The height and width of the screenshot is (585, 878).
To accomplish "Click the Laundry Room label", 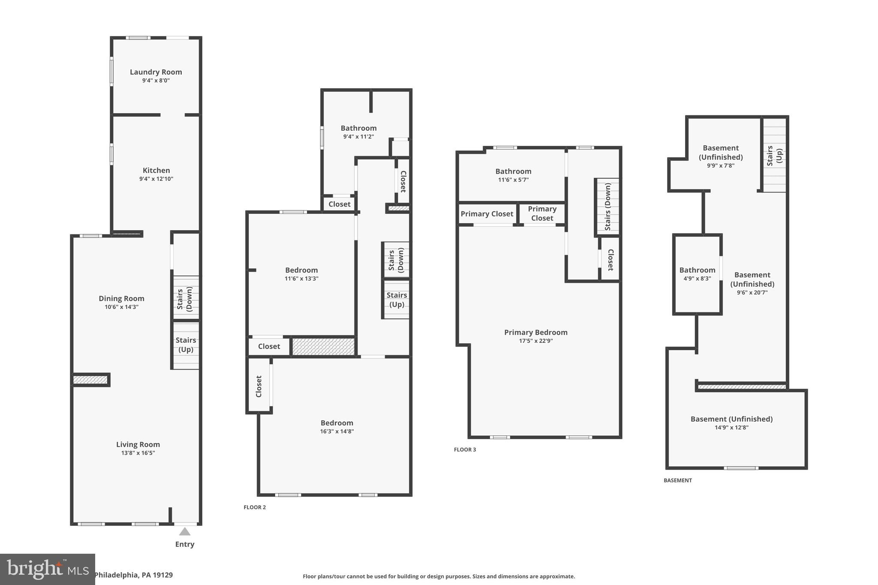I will click(156, 72).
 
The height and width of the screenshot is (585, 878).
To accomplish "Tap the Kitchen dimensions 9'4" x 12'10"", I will click(156, 179).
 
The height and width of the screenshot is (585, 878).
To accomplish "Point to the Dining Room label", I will click(121, 298).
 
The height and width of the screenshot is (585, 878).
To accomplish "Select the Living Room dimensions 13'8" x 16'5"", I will click(138, 453).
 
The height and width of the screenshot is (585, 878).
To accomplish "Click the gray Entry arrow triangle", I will click(184, 532).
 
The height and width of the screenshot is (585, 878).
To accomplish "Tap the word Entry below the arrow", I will click(184, 544).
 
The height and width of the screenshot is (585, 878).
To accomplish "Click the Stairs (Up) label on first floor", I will click(186, 345).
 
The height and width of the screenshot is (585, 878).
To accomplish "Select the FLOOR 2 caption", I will click(255, 507).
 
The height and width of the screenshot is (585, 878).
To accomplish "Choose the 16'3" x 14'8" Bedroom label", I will click(337, 423).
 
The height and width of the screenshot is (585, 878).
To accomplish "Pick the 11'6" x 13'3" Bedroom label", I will click(301, 270).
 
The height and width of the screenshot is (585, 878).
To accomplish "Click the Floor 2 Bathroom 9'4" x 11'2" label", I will click(358, 128).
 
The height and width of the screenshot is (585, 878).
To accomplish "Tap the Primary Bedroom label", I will click(535, 332).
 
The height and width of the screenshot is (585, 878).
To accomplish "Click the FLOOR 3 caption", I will click(465, 450).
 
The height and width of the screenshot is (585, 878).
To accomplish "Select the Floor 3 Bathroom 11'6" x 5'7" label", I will click(513, 171).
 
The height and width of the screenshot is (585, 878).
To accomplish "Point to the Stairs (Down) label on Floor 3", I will click(607, 207).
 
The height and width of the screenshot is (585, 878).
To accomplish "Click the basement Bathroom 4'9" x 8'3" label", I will click(697, 270).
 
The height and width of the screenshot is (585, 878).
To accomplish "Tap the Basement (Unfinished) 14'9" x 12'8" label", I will click(731, 419).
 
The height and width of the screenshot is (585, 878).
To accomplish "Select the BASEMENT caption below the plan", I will click(677, 480).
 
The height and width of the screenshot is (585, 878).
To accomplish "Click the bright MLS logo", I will click(47, 569).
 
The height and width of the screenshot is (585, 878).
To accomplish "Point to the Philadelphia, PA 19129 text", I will click(133, 575).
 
